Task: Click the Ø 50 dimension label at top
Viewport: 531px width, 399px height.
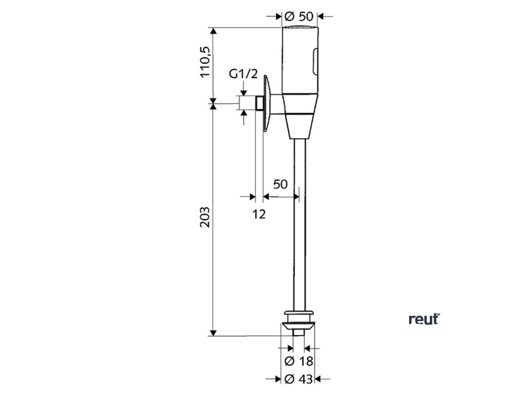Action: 300,16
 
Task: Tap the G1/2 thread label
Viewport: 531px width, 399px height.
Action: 243,74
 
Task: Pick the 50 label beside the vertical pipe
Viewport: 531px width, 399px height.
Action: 281,184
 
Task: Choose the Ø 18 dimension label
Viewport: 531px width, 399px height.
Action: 300,361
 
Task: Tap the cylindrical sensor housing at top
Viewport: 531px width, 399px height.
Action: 300,57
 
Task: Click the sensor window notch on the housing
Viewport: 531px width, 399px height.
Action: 314,61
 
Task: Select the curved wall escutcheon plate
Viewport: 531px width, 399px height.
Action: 267,104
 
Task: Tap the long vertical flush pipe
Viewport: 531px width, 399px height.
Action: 300,223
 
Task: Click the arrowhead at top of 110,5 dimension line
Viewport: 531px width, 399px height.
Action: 213,30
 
